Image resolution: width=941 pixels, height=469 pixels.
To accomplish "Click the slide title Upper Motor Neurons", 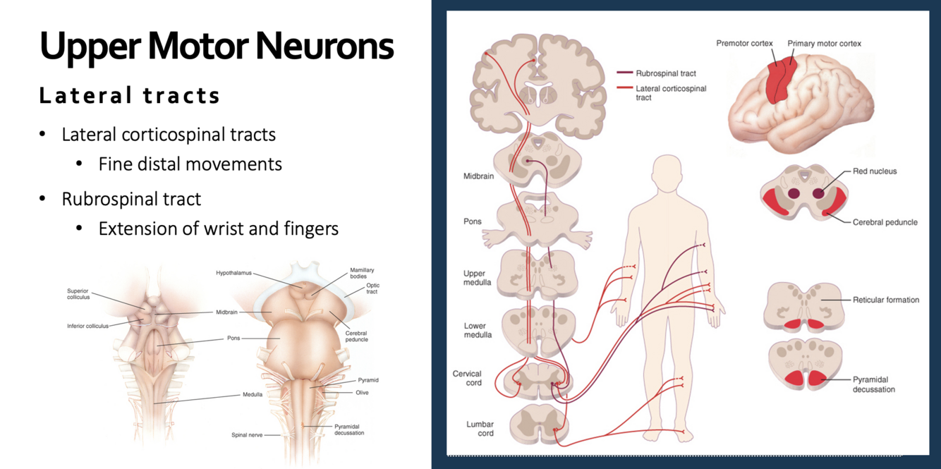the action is (x=217, y=46).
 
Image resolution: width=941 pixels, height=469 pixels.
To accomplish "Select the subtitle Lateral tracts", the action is (x=130, y=95).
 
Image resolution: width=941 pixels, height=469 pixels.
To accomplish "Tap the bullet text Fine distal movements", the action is (x=190, y=164).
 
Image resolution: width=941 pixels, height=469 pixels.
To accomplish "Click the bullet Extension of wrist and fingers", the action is (x=218, y=229).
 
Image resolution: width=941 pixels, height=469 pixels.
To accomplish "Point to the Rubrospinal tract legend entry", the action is (x=665, y=73).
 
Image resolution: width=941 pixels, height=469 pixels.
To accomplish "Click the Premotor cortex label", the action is (x=744, y=44).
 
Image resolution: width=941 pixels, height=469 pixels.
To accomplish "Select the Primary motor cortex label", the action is (x=824, y=44).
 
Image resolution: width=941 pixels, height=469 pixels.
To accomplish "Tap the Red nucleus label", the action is (x=875, y=171).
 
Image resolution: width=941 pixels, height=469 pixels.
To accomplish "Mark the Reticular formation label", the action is (x=885, y=300).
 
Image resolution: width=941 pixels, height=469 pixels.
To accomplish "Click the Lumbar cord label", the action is (x=480, y=429).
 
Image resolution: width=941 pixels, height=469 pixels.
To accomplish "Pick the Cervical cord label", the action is (x=467, y=378).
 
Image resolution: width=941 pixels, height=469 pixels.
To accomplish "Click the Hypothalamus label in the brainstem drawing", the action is (x=233, y=273).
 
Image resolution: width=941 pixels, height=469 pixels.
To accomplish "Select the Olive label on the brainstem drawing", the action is (x=362, y=393).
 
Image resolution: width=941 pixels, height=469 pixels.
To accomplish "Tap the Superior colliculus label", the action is (x=78, y=293).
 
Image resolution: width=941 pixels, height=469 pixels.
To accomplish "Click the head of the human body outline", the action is (x=666, y=173).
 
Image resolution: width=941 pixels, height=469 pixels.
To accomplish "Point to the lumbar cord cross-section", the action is (x=538, y=424).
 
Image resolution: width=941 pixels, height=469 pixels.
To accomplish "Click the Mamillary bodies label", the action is (x=362, y=274).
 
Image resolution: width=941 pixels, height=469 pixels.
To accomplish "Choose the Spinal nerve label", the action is (x=247, y=435).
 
